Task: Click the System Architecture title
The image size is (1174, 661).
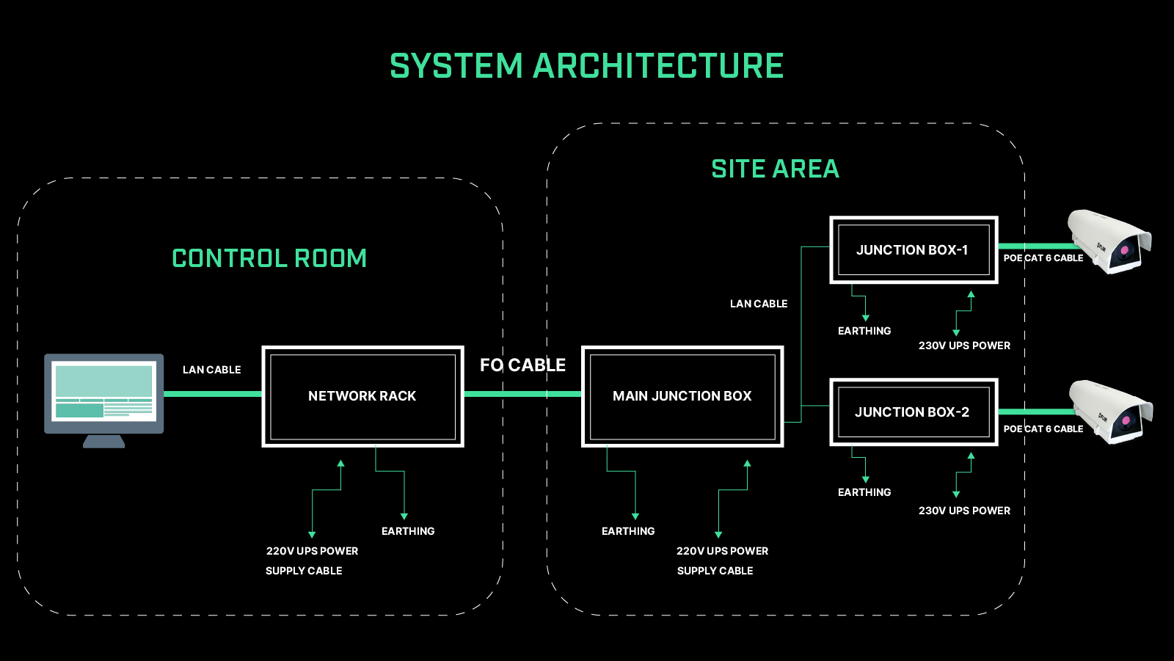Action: coord(586,65)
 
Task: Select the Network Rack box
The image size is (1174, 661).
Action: coord(362,396)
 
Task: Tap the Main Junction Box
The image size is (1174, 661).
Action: coord(682,396)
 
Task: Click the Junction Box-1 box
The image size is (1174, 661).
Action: coord(914,250)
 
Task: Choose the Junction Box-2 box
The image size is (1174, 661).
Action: coord(914,412)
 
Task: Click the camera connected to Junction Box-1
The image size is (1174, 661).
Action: coord(1109,241)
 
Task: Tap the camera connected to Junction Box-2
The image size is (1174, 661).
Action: coord(1111,412)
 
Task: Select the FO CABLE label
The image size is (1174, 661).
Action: coord(522,365)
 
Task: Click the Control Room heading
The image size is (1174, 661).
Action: coord(269,258)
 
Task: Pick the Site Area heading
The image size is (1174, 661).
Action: coord(775,169)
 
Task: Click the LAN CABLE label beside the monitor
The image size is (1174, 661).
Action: coord(212,370)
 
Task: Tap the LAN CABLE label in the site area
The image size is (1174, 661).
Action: coord(759,304)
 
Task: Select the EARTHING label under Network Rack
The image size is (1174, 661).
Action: coord(408,531)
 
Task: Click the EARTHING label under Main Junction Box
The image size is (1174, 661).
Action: coord(628,531)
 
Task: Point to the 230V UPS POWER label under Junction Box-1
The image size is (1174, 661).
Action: coord(964,346)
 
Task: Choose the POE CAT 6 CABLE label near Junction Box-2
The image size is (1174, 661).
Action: coord(1043,428)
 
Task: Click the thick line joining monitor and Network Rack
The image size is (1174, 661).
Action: coord(213,394)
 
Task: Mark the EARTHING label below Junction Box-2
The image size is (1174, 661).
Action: coord(864,492)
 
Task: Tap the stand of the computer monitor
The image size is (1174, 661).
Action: coord(103,442)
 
